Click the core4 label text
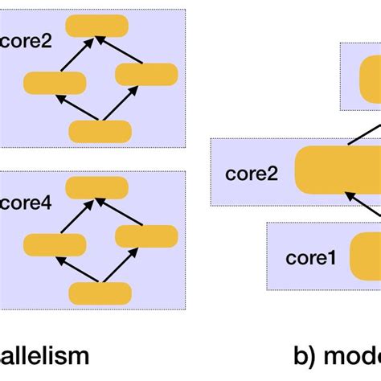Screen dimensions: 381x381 point(26,204)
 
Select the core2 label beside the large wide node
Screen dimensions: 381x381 point(252,173)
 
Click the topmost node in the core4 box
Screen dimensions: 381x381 point(96,187)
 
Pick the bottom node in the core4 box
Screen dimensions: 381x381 point(100,293)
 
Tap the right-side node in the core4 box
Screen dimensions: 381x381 point(146,236)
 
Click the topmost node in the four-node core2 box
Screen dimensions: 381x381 point(96,26)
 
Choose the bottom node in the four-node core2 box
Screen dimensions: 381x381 point(100,131)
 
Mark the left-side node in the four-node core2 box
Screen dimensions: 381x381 point(55,83)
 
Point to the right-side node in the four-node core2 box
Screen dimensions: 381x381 point(145,74)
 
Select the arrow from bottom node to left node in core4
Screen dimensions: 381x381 point(77,269)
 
